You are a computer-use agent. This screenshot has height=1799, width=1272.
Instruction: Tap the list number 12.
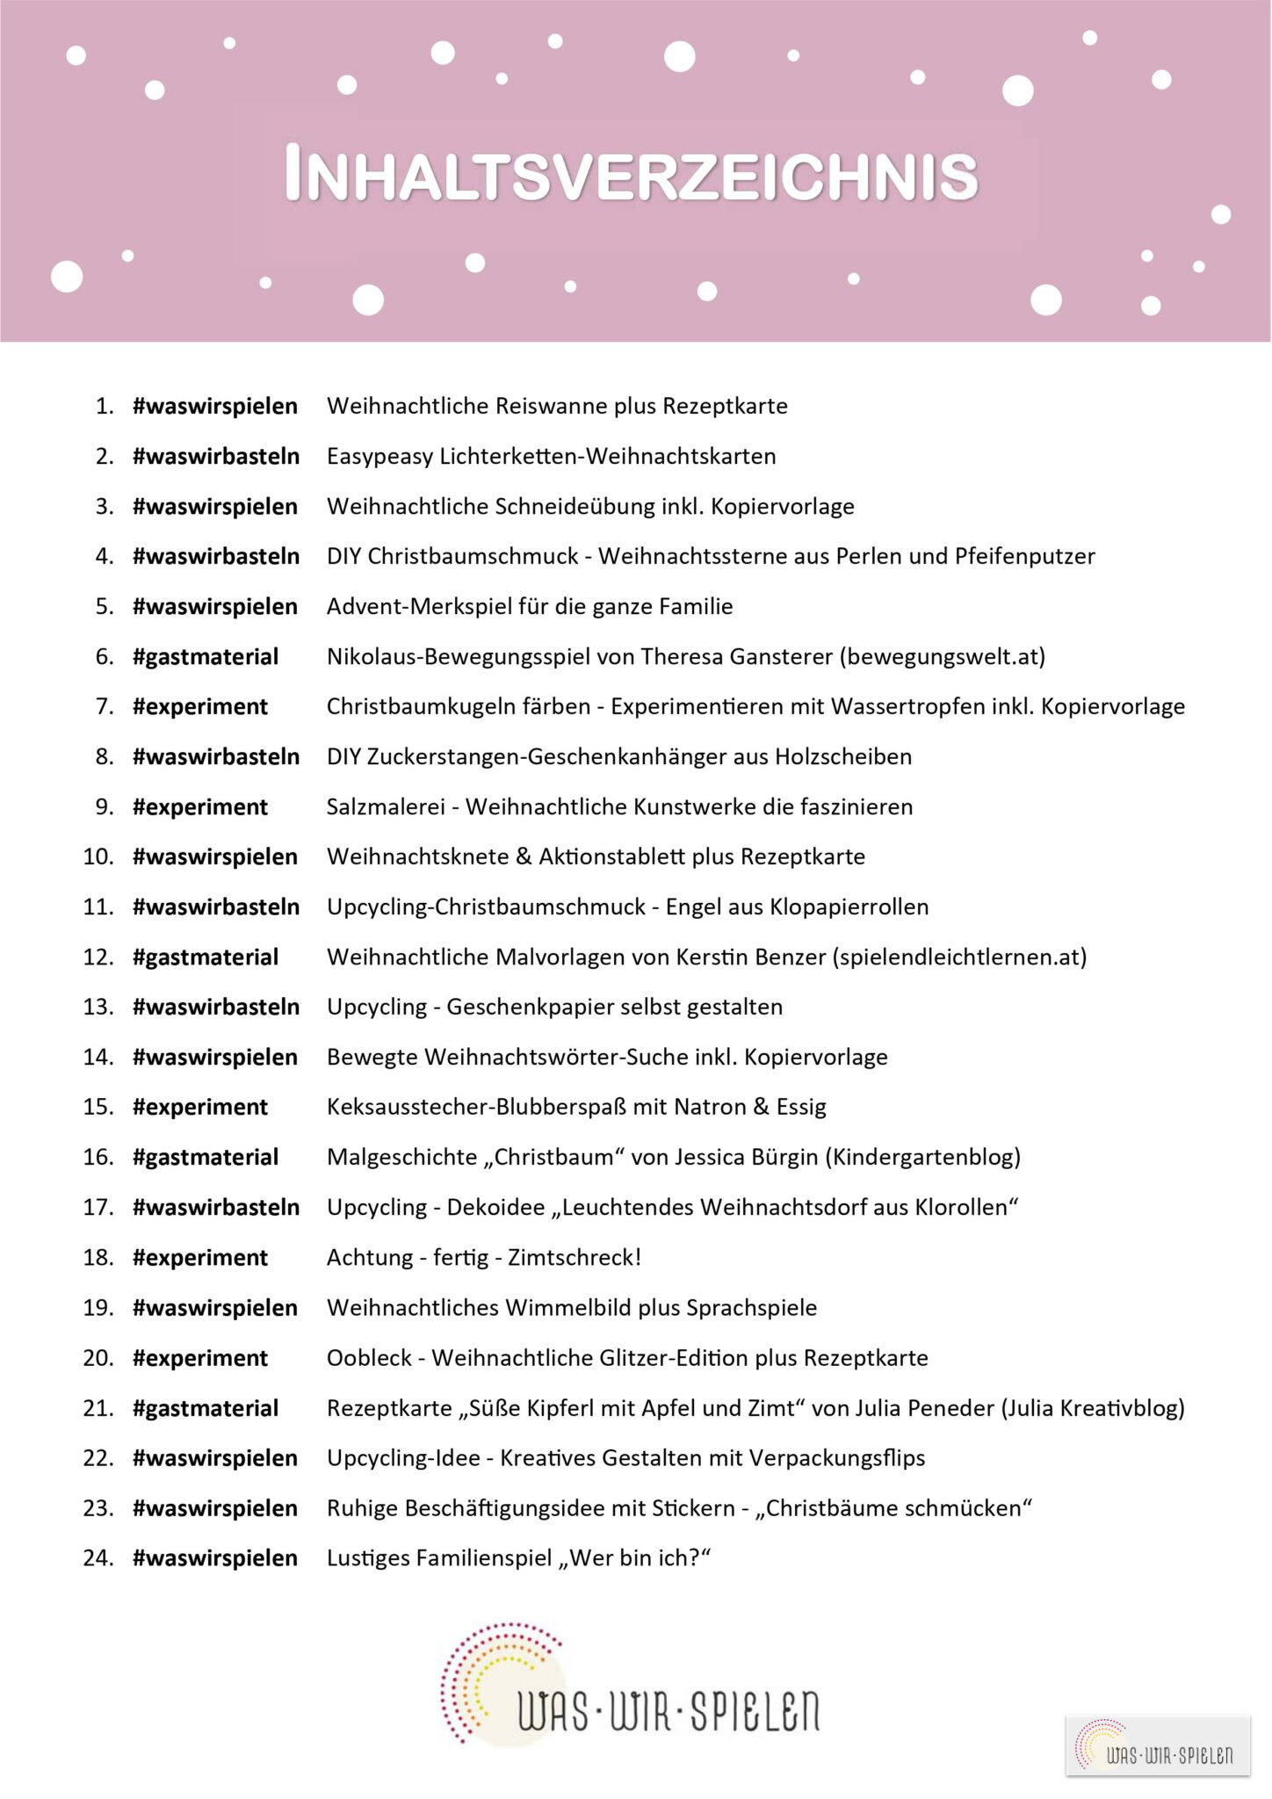(x=98, y=957)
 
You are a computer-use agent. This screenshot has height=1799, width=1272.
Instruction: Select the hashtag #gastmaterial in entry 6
(x=206, y=656)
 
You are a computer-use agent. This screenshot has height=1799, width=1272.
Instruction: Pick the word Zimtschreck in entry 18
(x=571, y=1257)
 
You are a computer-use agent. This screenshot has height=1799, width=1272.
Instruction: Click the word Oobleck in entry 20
(x=369, y=1357)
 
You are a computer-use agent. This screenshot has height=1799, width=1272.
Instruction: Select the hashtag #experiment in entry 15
(x=200, y=1107)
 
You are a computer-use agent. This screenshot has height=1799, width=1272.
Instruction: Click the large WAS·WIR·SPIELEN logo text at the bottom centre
(x=668, y=1710)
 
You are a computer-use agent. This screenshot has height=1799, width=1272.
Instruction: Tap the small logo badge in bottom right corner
(x=1158, y=1745)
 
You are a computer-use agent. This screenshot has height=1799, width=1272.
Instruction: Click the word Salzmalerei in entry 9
(x=386, y=806)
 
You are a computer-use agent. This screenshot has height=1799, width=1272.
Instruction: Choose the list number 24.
(x=98, y=1558)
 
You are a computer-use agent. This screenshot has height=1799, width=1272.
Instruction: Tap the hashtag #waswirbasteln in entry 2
(x=216, y=456)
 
